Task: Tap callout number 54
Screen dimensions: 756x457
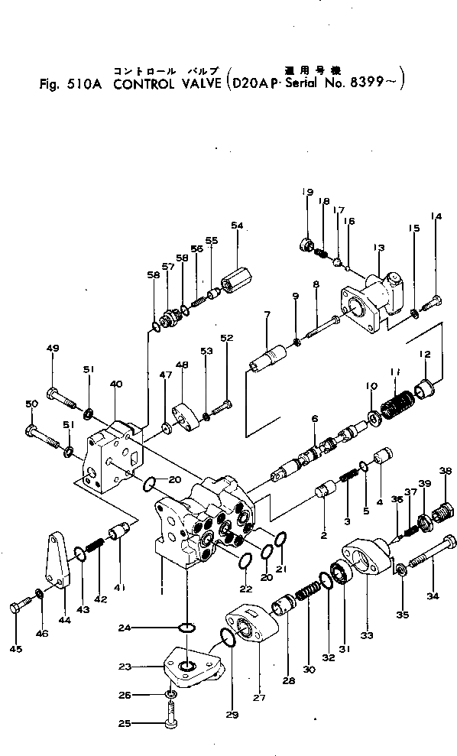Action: pos(237,226)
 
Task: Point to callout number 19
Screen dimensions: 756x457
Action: pos(309,192)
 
